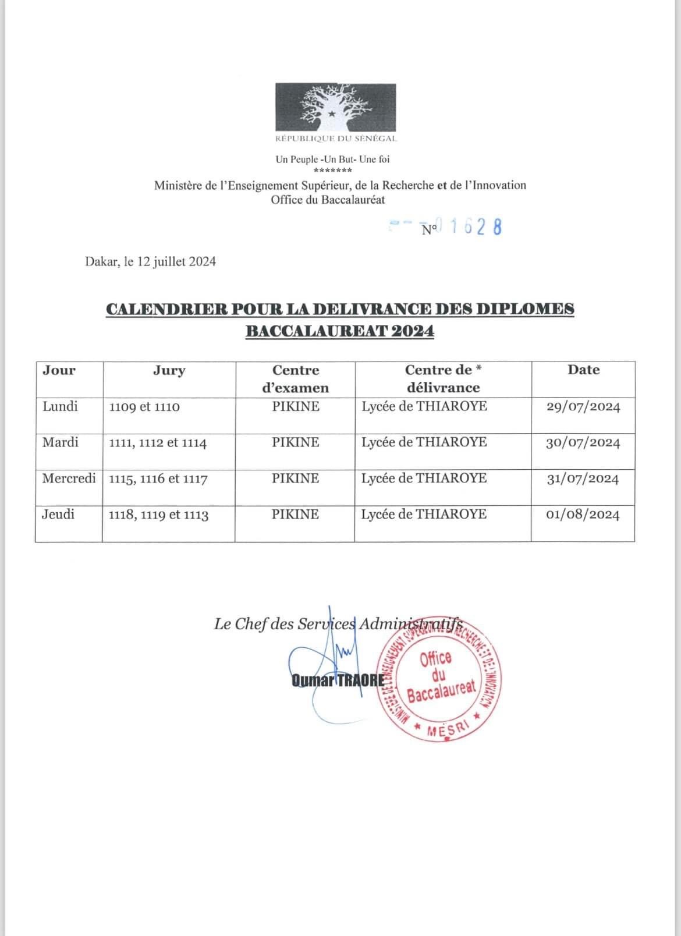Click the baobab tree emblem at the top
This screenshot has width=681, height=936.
[x=335, y=107]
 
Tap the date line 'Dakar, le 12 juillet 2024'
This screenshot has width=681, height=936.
[x=150, y=261]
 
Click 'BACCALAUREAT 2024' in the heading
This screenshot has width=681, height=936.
[x=340, y=331]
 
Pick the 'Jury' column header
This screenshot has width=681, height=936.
[x=169, y=370]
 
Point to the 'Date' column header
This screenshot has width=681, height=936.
[x=583, y=370]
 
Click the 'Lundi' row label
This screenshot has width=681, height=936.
[x=60, y=406]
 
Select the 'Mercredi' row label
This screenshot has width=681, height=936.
[x=69, y=478]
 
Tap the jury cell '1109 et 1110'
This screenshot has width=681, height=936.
[x=144, y=407]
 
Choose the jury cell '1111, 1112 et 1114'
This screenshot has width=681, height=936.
[x=158, y=443]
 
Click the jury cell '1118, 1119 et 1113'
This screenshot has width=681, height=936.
[x=158, y=515]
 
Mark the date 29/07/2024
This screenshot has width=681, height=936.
[x=583, y=407]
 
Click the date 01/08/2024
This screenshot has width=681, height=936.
[x=583, y=515]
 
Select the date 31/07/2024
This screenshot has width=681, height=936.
[x=583, y=479]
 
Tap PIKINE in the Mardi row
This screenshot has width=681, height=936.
[x=296, y=442]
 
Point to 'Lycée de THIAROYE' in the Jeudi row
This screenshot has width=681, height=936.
[x=424, y=515]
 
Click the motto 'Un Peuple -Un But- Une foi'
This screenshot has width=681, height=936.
[x=332, y=159]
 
